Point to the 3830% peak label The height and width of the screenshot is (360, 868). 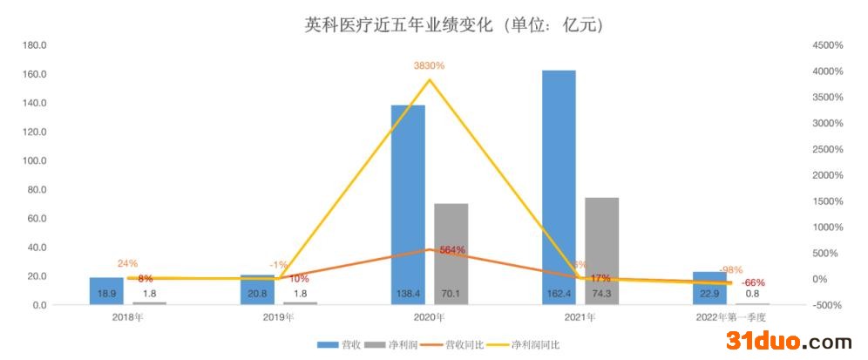(x=429, y=65)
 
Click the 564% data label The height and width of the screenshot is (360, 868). (x=452, y=250)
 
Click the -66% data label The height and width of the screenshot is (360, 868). (x=754, y=282)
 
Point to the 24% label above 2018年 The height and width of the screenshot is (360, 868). (x=127, y=263)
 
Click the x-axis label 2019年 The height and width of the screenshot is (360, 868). (x=279, y=317)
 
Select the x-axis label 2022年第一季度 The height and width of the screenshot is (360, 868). (x=730, y=317)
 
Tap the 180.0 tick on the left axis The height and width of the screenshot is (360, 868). (x=35, y=45)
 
